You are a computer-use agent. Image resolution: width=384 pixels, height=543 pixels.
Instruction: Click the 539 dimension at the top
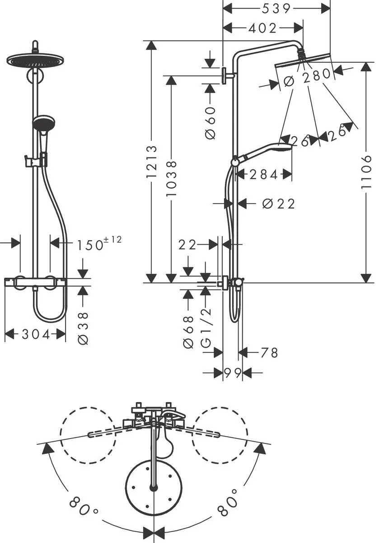pos(277,8)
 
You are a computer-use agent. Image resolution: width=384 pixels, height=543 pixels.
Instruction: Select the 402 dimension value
pos(262,28)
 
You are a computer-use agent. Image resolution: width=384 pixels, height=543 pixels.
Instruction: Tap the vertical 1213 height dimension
pos(152,161)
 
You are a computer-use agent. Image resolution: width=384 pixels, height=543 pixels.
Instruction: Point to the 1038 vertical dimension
pos(171,179)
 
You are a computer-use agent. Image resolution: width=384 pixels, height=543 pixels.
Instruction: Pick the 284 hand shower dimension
pos(263,174)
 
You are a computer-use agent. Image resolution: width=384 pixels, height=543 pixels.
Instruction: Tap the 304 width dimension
pos(36,334)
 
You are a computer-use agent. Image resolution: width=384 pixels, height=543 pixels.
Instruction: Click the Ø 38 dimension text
pos(83,328)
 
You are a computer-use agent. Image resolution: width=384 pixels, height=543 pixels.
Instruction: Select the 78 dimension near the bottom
pos(269,352)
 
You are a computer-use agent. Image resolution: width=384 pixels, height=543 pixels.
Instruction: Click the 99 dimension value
pos(233,373)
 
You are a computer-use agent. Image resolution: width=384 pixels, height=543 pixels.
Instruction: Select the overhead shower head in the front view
pos(35,59)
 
